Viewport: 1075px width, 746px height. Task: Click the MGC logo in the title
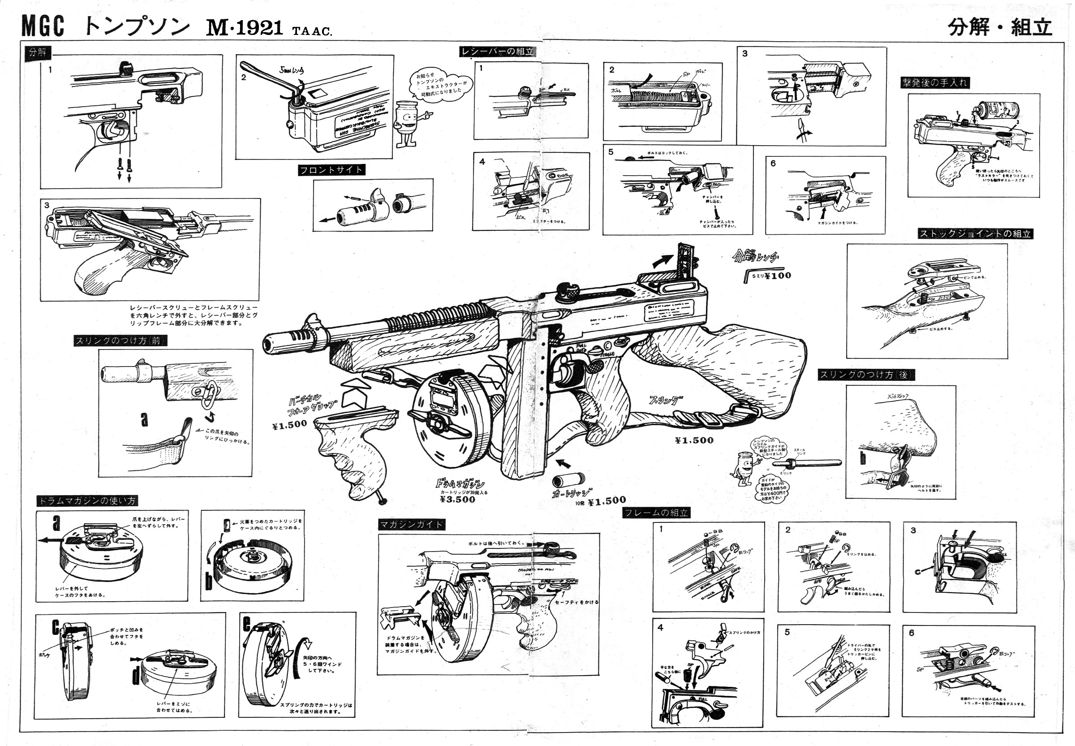[43, 26]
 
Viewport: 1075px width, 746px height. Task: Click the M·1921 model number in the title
[245, 28]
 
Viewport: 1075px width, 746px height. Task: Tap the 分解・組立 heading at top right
[999, 26]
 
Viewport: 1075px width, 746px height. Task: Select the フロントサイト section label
[331, 170]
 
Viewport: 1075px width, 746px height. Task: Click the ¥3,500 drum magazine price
[457, 499]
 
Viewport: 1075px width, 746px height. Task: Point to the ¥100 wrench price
[778, 275]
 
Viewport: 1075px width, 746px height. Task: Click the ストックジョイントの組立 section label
[975, 233]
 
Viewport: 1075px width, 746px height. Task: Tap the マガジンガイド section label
[411, 525]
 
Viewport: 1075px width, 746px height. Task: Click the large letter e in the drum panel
[247, 624]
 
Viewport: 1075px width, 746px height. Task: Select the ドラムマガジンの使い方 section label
[87, 500]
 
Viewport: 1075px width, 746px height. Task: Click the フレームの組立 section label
[656, 512]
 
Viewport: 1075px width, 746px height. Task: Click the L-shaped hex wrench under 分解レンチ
[746, 277]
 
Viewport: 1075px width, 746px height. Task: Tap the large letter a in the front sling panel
[144, 419]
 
